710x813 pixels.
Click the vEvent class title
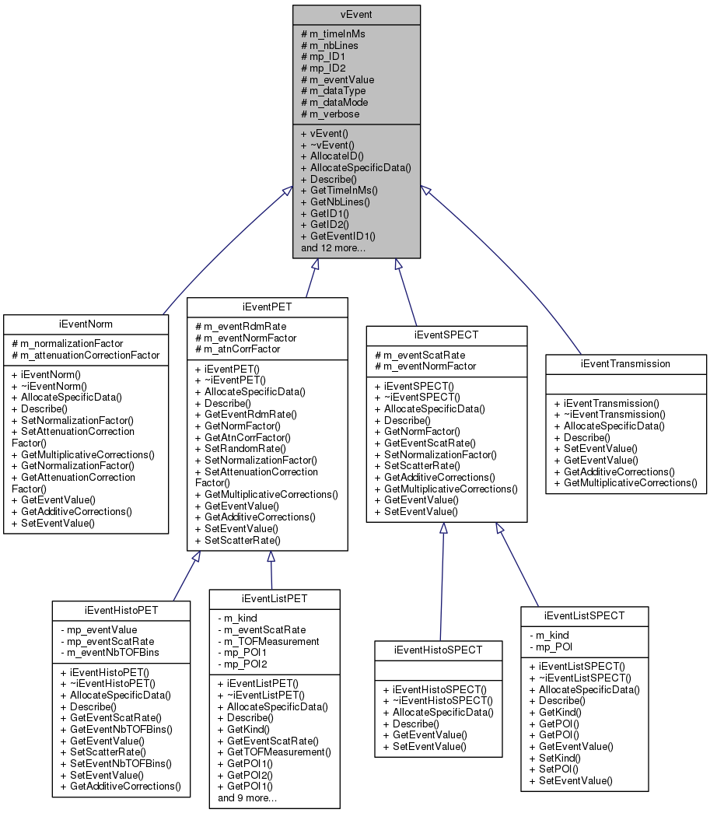point(356,15)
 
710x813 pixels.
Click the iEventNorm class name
point(86,324)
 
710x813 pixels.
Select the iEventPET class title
point(268,307)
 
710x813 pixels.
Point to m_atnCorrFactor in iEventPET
point(237,349)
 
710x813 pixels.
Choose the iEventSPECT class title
point(446,335)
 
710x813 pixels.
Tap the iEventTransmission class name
point(625,363)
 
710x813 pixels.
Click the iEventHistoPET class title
point(121,610)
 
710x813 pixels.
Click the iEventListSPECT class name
point(584,615)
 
